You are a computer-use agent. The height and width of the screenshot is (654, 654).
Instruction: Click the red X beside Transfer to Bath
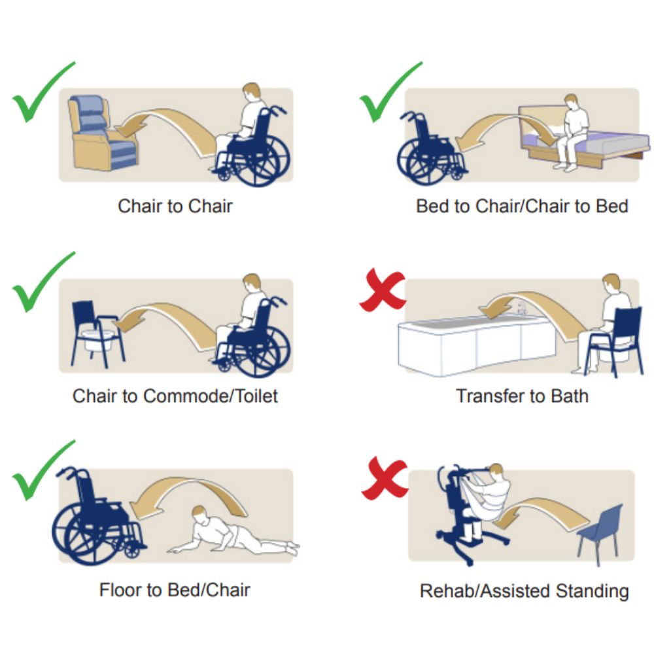[383, 290]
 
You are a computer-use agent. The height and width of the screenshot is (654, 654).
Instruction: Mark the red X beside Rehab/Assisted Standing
[385, 477]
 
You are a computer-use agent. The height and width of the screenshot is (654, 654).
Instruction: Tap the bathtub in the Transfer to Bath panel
[475, 344]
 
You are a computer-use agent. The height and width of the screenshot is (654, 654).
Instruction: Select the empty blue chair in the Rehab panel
[600, 532]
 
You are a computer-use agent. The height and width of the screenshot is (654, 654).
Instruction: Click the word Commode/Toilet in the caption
[210, 396]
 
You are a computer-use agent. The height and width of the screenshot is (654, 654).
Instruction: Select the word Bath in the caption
[570, 396]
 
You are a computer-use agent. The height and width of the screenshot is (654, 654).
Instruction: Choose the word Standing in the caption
[592, 591]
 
